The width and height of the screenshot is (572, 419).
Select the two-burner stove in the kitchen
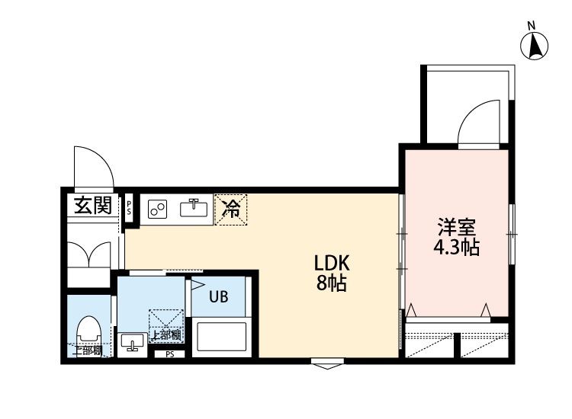coord(158,209)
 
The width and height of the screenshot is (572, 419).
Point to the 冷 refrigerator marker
coord(231,208)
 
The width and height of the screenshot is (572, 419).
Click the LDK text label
coord(332,264)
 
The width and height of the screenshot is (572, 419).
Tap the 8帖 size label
coord(332,285)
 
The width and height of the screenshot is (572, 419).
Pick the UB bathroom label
coord(218,298)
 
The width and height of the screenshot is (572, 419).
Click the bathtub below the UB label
coord(221,335)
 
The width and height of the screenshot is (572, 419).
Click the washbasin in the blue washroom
coord(133,343)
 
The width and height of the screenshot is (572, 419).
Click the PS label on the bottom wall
coord(169,354)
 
